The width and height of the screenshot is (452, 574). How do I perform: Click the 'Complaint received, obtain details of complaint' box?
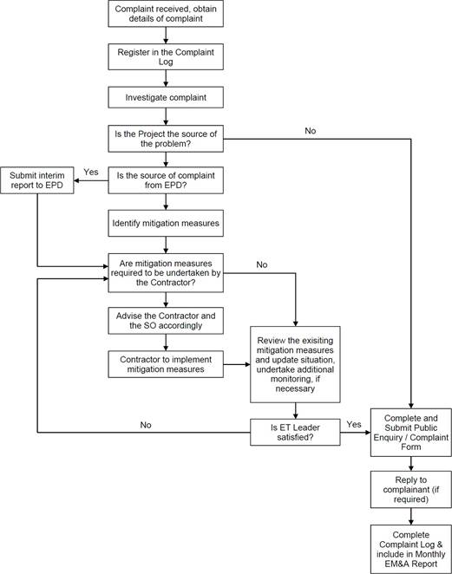coord(166,14)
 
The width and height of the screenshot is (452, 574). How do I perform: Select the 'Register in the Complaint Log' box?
coord(166,56)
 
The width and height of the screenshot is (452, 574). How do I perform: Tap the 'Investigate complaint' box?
coord(166,97)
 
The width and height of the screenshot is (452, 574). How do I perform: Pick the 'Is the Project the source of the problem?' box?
coord(166,139)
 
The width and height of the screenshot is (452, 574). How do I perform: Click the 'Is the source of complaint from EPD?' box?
coord(166,180)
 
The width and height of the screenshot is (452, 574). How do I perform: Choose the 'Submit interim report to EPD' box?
coord(37,180)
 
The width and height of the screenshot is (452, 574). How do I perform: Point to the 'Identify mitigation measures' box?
coord(166,223)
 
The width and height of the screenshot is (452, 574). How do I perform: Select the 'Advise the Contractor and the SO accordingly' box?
coord(166,321)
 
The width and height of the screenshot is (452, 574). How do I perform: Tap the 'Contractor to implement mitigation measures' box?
coord(166,364)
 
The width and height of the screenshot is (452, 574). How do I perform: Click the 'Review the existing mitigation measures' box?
coord(295,365)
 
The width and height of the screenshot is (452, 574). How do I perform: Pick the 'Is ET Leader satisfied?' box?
coord(295,433)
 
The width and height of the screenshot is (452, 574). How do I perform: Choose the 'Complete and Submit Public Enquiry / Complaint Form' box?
coord(411,433)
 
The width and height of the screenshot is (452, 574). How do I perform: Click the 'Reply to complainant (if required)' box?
coord(411,489)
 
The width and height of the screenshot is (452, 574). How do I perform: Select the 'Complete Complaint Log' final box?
coord(411,549)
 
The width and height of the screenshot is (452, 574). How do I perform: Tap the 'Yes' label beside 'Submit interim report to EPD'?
coord(91,172)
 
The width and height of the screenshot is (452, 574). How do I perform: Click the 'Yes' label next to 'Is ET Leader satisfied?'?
coord(354,424)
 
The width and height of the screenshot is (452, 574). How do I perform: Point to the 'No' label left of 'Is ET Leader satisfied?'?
coord(146,425)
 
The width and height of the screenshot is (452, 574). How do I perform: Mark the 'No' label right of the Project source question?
coord(311,131)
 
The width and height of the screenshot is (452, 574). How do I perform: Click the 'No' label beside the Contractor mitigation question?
coord(261,264)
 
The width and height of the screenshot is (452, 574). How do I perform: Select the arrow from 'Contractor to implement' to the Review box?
coord(237,365)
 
